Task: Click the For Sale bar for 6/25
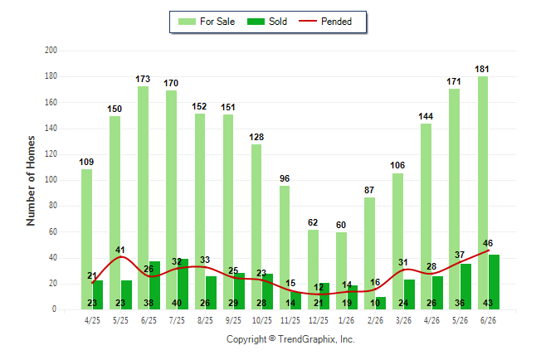pos(144,197)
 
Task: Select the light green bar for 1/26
pos(341,270)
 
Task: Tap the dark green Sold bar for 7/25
pos(183,285)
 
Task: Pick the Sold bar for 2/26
pos(381,304)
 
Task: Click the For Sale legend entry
pos(207,22)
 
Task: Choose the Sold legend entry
pos(267,22)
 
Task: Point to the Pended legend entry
pos(325,22)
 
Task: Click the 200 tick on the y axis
pos(51,51)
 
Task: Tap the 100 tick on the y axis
pos(51,180)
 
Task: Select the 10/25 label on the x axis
pos(262,320)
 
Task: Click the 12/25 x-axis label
pos(319,320)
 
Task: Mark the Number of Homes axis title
pos(31,181)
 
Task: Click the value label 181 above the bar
pos(481,70)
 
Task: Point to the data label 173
pos(143,80)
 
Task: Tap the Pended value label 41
pos(120,250)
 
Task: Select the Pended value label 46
pos(488,243)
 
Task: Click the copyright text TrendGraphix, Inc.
pos(316,339)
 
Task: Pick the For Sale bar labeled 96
pos(285,247)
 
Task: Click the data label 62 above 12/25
pos(313,222)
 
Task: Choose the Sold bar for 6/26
pos(494,282)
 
